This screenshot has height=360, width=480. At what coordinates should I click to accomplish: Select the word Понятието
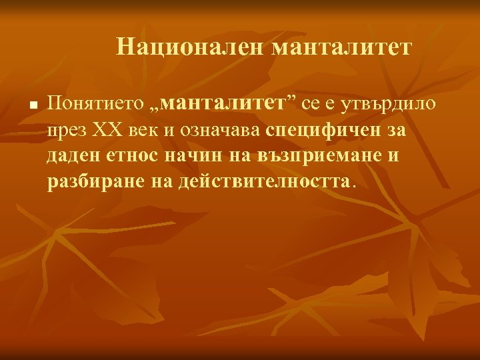pos(96,103)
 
